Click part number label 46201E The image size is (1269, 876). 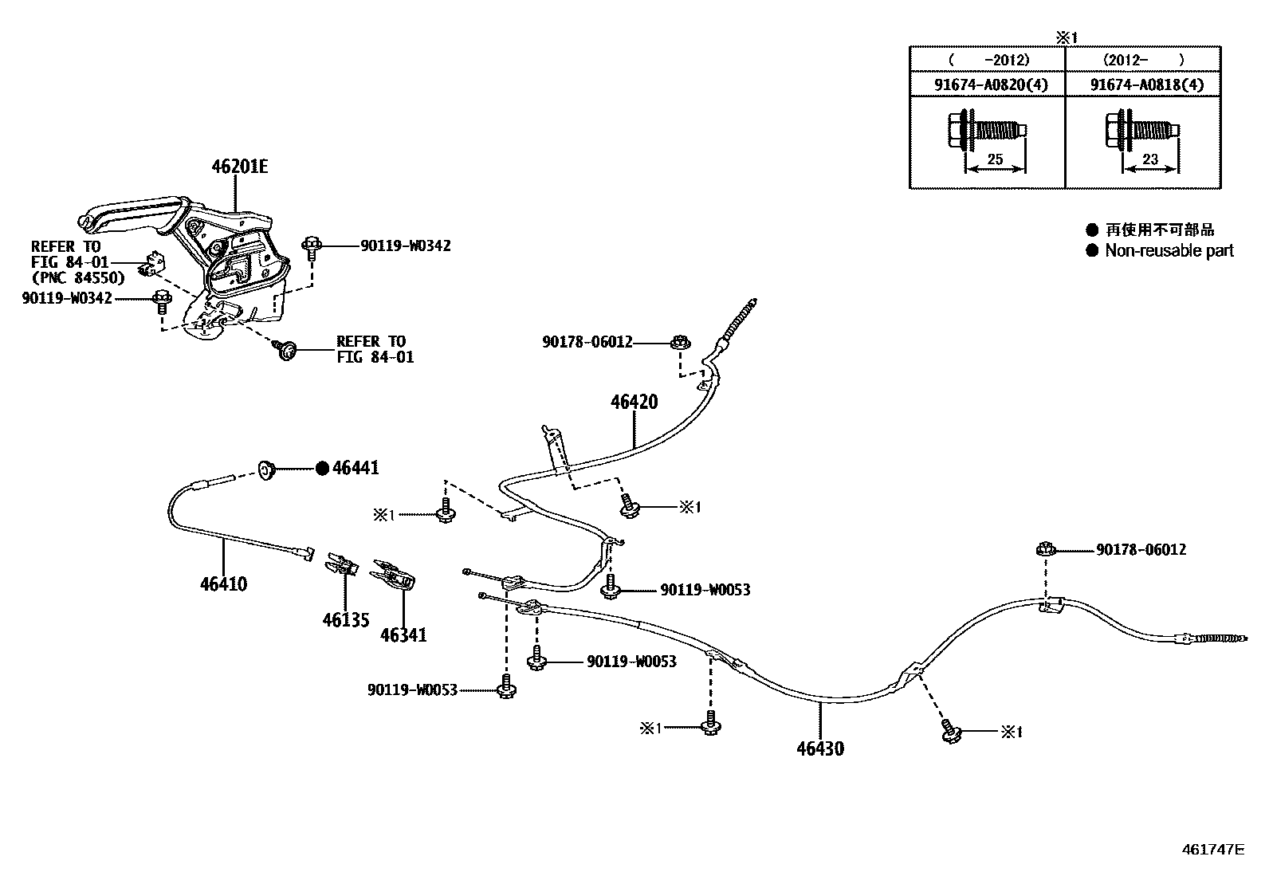[239, 167]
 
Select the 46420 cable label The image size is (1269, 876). [634, 402]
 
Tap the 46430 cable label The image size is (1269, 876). [820, 748]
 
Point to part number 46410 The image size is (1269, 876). [223, 584]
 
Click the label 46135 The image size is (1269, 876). [346, 619]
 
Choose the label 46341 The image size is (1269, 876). [403, 635]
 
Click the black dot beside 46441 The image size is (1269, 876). [322, 468]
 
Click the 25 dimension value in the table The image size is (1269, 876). [995, 159]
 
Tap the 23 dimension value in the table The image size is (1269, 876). [1149, 159]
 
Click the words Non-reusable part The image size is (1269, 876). [1169, 250]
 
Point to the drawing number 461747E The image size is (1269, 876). [1212, 849]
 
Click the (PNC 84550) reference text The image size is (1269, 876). [78, 277]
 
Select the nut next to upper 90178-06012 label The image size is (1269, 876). [680, 344]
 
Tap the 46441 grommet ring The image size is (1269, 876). [265, 470]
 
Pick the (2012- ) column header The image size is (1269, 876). [1143, 59]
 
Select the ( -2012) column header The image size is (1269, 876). [988, 59]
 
